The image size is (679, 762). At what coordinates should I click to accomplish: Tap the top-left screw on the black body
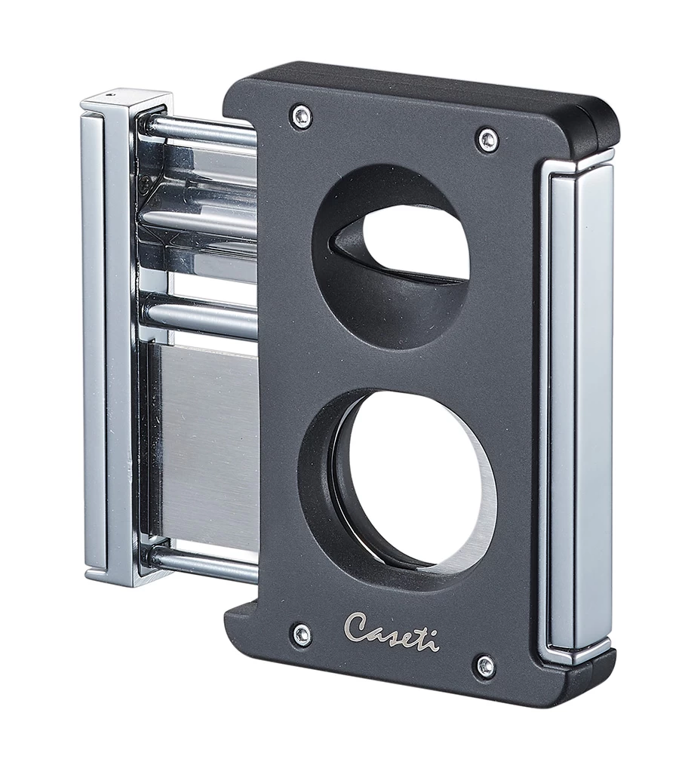point(302,115)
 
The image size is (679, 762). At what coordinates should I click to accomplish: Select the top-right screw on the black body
point(487,140)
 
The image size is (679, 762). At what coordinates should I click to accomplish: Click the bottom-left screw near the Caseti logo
point(302,634)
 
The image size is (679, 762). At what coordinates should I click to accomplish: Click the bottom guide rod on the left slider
point(204,562)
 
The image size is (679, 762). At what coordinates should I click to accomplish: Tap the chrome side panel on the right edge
point(577,407)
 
